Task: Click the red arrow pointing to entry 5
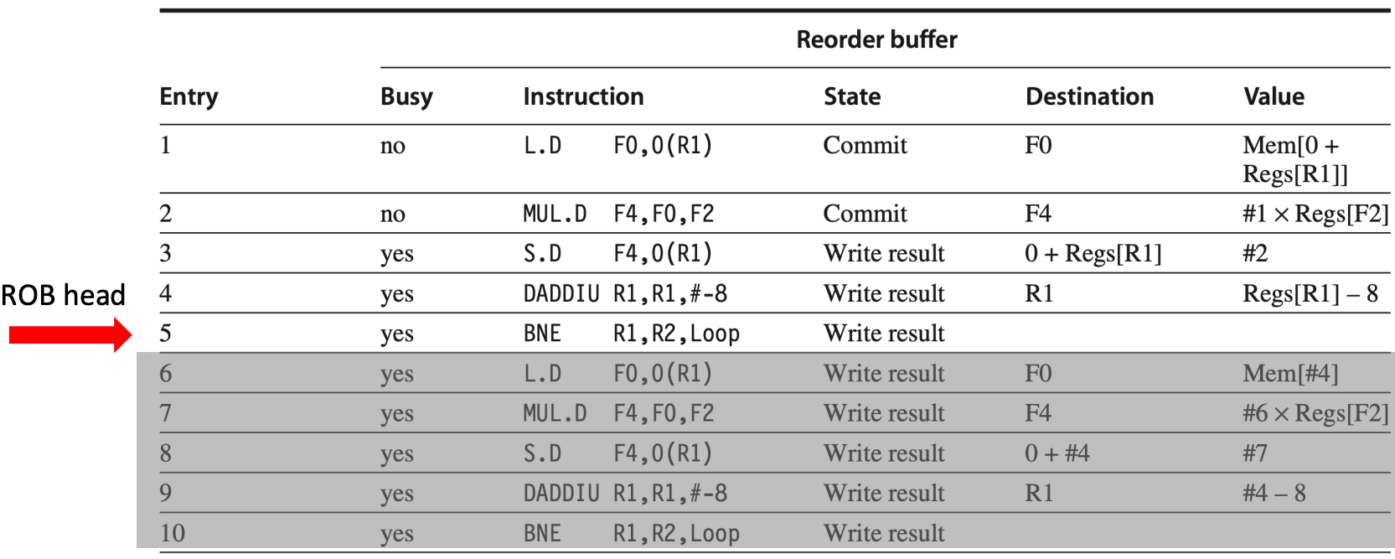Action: (70, 334)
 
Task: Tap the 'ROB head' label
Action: (64, 295)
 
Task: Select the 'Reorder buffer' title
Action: (877, 39)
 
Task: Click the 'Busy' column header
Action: (406, 96)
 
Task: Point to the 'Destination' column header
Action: (1090, 96)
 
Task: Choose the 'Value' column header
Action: (1274, 96)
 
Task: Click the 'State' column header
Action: (853, 96)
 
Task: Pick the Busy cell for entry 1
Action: (393, 146)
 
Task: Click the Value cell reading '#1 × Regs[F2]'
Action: (1316, 214)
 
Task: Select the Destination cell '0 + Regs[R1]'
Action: (1093, 254)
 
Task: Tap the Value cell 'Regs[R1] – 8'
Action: (1310, 293)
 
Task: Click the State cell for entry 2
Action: (865, 214)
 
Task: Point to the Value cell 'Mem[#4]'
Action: (1290, 373)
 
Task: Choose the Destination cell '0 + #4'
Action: (1057, 453)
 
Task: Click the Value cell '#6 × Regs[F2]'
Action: (1316, 413)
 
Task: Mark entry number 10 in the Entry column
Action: (173, 533)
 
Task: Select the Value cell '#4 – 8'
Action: (1274, 493)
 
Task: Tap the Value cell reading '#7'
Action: (1255, 453)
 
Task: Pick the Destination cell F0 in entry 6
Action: (1038, 373)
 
